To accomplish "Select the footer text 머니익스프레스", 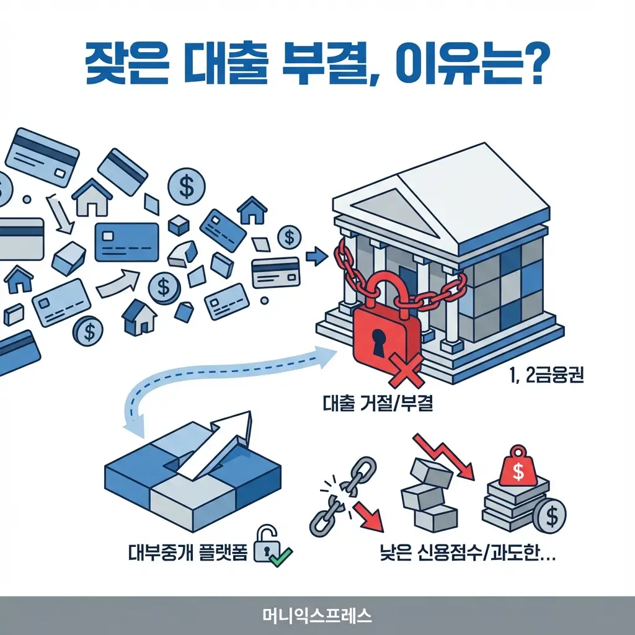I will point(317,615).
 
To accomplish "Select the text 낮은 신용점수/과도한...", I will point(466,552).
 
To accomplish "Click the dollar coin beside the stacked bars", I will point(551,516).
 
